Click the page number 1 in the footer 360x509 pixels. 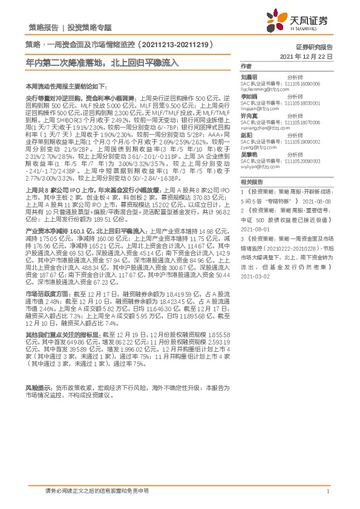coord(327,491)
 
